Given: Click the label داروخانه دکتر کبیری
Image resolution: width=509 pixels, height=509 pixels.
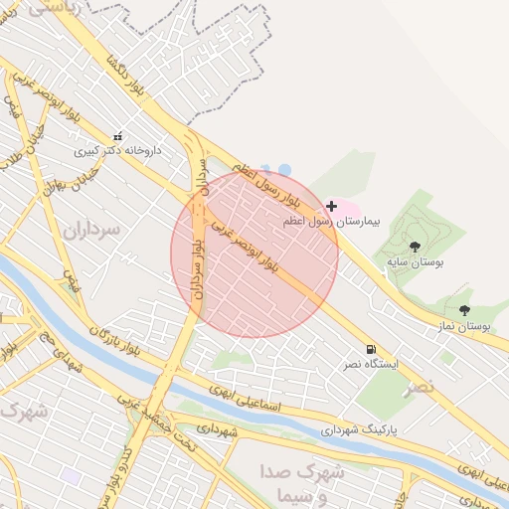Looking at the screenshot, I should click(x=123, y=152).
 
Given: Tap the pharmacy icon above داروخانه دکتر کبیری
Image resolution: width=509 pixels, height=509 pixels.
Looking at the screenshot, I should click(x=118, y=136).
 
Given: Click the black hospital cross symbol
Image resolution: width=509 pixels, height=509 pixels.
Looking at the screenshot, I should click(x=331, y=205).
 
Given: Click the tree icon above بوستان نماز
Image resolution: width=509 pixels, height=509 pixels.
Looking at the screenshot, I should click(x=464, y=310).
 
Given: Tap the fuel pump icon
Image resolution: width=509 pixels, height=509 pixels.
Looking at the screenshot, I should click(x=371, y=350).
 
